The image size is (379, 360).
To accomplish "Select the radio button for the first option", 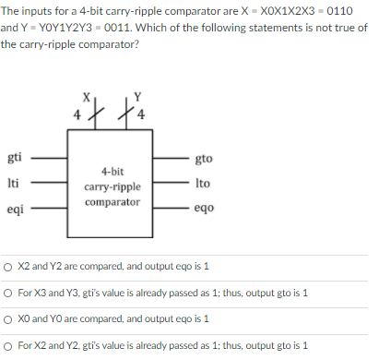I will [8, 266].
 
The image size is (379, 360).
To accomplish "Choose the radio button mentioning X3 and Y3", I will [8, 294].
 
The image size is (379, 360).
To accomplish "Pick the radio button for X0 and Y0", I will [8, 319].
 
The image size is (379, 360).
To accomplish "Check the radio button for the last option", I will [8, 346].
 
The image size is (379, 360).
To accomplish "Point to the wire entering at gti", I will [50, 158].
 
